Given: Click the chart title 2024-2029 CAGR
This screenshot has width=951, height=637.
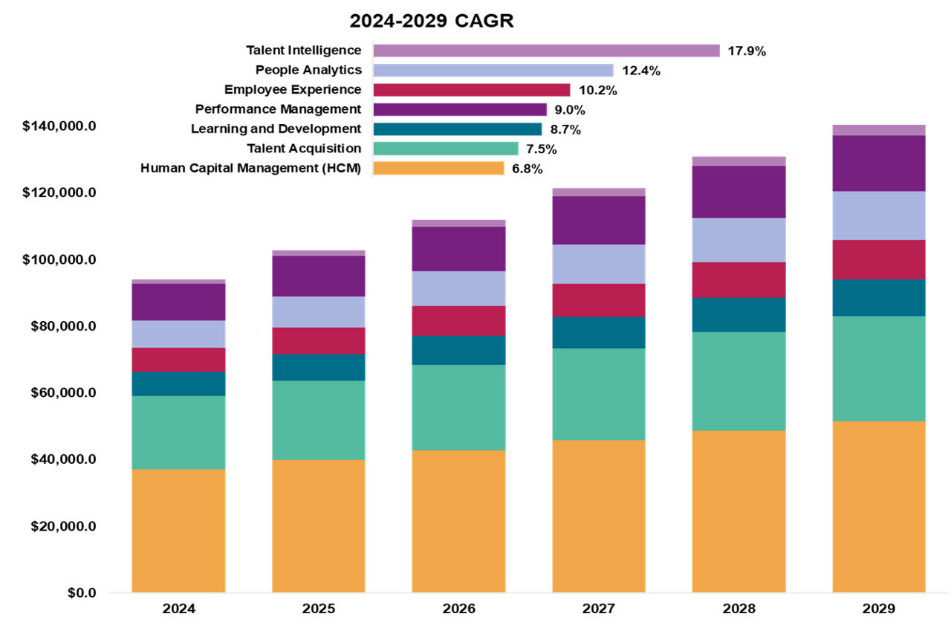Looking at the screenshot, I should pyautogui.click(x=432, y=21).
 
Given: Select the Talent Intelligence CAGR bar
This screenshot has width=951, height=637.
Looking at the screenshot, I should pyautogui.click(x=546, y=51).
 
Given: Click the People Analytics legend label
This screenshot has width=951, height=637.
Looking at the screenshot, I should pyautogui.click(x=308, y=70).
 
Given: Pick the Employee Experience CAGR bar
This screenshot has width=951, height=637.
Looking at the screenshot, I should pyautogui.click(x=471, y=90).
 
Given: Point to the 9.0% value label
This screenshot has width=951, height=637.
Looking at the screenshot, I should pyautogui.click(x=569, y=110).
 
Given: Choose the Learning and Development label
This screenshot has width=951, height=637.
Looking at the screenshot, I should pyautogui.click(x=276, y=129).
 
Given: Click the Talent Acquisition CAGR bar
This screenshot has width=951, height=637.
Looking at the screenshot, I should pyautogui.click(x=445, y=149).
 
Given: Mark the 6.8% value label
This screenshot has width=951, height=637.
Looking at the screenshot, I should pyautogui.click(x=527, y=169).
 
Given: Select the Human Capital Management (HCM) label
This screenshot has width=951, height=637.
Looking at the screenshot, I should pyautogui.click(x=250, y=168).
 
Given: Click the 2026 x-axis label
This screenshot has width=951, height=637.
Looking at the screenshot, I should pyautogui.click(x=458, y=609).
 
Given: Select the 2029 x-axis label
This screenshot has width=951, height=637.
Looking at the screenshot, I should pyautogui.click(x=879, y=609).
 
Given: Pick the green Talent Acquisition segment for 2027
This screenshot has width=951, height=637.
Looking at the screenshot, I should pyautogui.click(x=599, y=394).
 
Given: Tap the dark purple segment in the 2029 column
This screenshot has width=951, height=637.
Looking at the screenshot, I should pyautogui.click(x=879, y=163).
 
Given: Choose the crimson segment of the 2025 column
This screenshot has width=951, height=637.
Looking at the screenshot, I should pyautogui.click(x=319, y=340).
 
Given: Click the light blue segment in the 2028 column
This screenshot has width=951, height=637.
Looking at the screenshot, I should pyautogui.click(x=739, y=239).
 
